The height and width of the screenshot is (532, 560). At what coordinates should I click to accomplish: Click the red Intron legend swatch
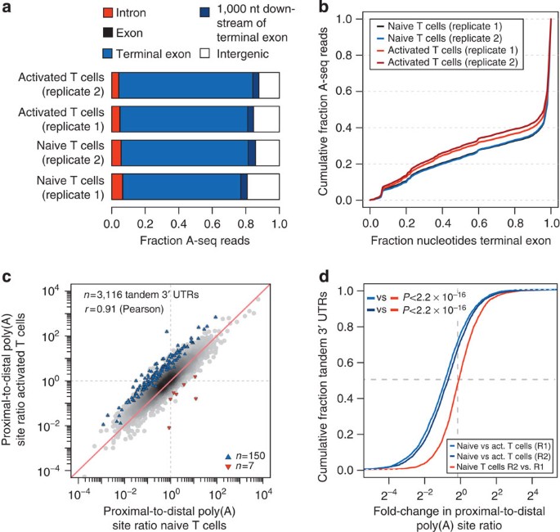(x=119, y=14)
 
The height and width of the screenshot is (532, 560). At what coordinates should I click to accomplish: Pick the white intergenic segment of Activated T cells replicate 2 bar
(x=269, y=84)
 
